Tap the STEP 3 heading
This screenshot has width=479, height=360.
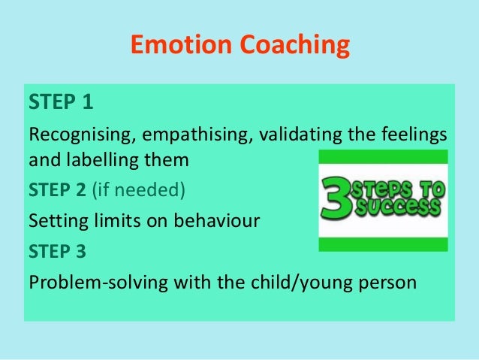pyautogui.click(x=56, y=253)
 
